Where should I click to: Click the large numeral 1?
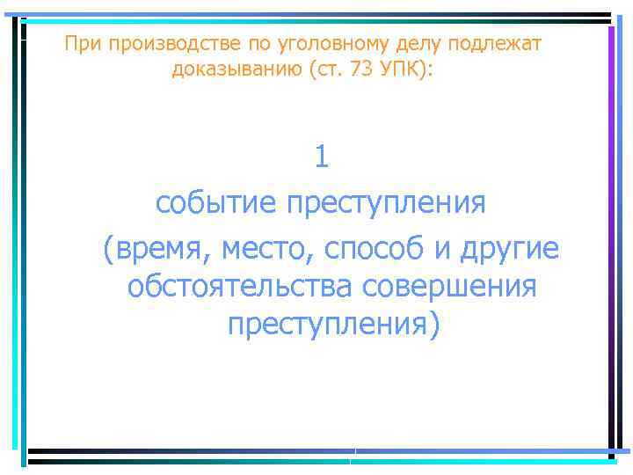(322, 157)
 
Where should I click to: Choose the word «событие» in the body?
(215, 203)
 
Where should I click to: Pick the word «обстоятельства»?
(238, 287)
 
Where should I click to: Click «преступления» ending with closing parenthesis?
(330, 325)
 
